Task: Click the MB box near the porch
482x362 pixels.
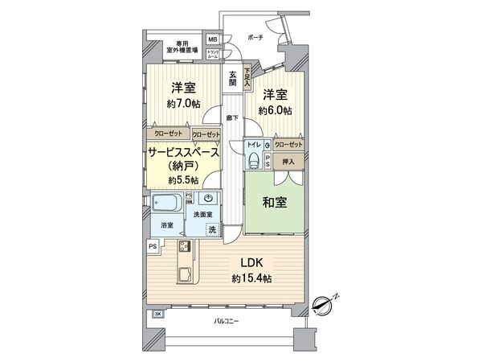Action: (213, 39)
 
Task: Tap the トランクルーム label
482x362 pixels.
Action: (213, 55)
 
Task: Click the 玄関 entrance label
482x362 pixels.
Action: (232, 77)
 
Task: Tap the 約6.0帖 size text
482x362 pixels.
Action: (275, 109)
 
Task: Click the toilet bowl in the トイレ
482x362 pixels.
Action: (255, 160)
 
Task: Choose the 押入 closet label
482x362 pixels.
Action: (289, 162)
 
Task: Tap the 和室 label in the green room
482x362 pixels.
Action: (272, 203)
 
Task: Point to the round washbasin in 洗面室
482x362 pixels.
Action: (209, 199)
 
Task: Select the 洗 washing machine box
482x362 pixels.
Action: (212, 230)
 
